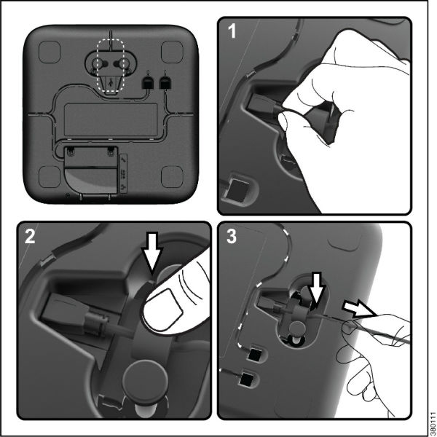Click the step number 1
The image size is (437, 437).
tap(232, 31)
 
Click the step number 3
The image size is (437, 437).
tap(232, 236)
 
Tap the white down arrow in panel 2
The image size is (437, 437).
tap(152, 252)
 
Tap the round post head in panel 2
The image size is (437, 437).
tap(145, 376)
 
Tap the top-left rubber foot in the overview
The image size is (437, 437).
tap(50, 52)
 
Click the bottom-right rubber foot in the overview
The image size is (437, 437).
tap(172, 177)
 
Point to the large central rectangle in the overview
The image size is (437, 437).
tap(111, 119)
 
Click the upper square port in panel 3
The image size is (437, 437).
tap(254, 355)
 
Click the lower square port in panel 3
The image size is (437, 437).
tap(246, 379)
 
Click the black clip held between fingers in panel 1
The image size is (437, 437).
tap(323, 120)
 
